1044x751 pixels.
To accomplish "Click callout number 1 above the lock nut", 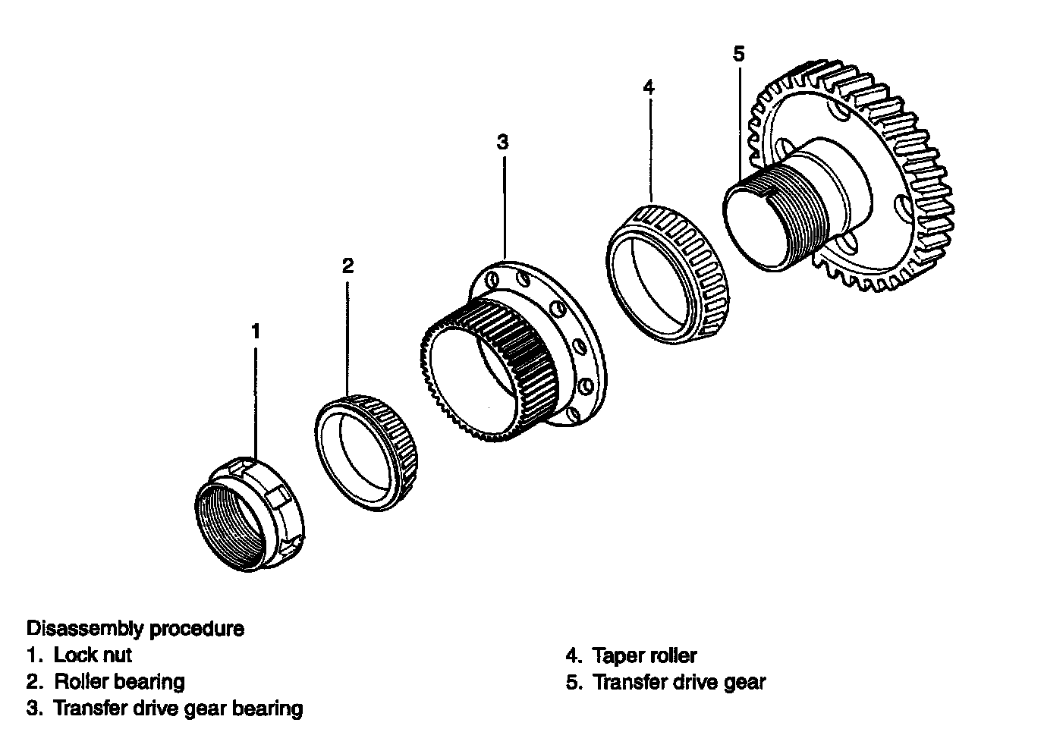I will tap(256, 332).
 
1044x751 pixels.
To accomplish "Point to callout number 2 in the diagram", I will tap(347, 266).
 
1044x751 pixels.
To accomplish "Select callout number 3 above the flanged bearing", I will tap(503, 142).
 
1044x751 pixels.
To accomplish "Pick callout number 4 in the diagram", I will tap(647, 86).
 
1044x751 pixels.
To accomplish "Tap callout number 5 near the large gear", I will tap(740, 53).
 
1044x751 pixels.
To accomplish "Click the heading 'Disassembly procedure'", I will tap(136, 629).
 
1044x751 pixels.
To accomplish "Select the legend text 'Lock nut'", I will tap(93, 655).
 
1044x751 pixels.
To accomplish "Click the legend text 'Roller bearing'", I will tap(119, 681).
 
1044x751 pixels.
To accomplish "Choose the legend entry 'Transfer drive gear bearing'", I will tap(178, 709).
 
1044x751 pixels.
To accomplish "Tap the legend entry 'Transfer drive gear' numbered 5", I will tap(679, 682).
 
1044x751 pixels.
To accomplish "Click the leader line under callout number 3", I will tap(504, 205).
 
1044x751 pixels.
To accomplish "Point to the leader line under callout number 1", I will tap(256, 402).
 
